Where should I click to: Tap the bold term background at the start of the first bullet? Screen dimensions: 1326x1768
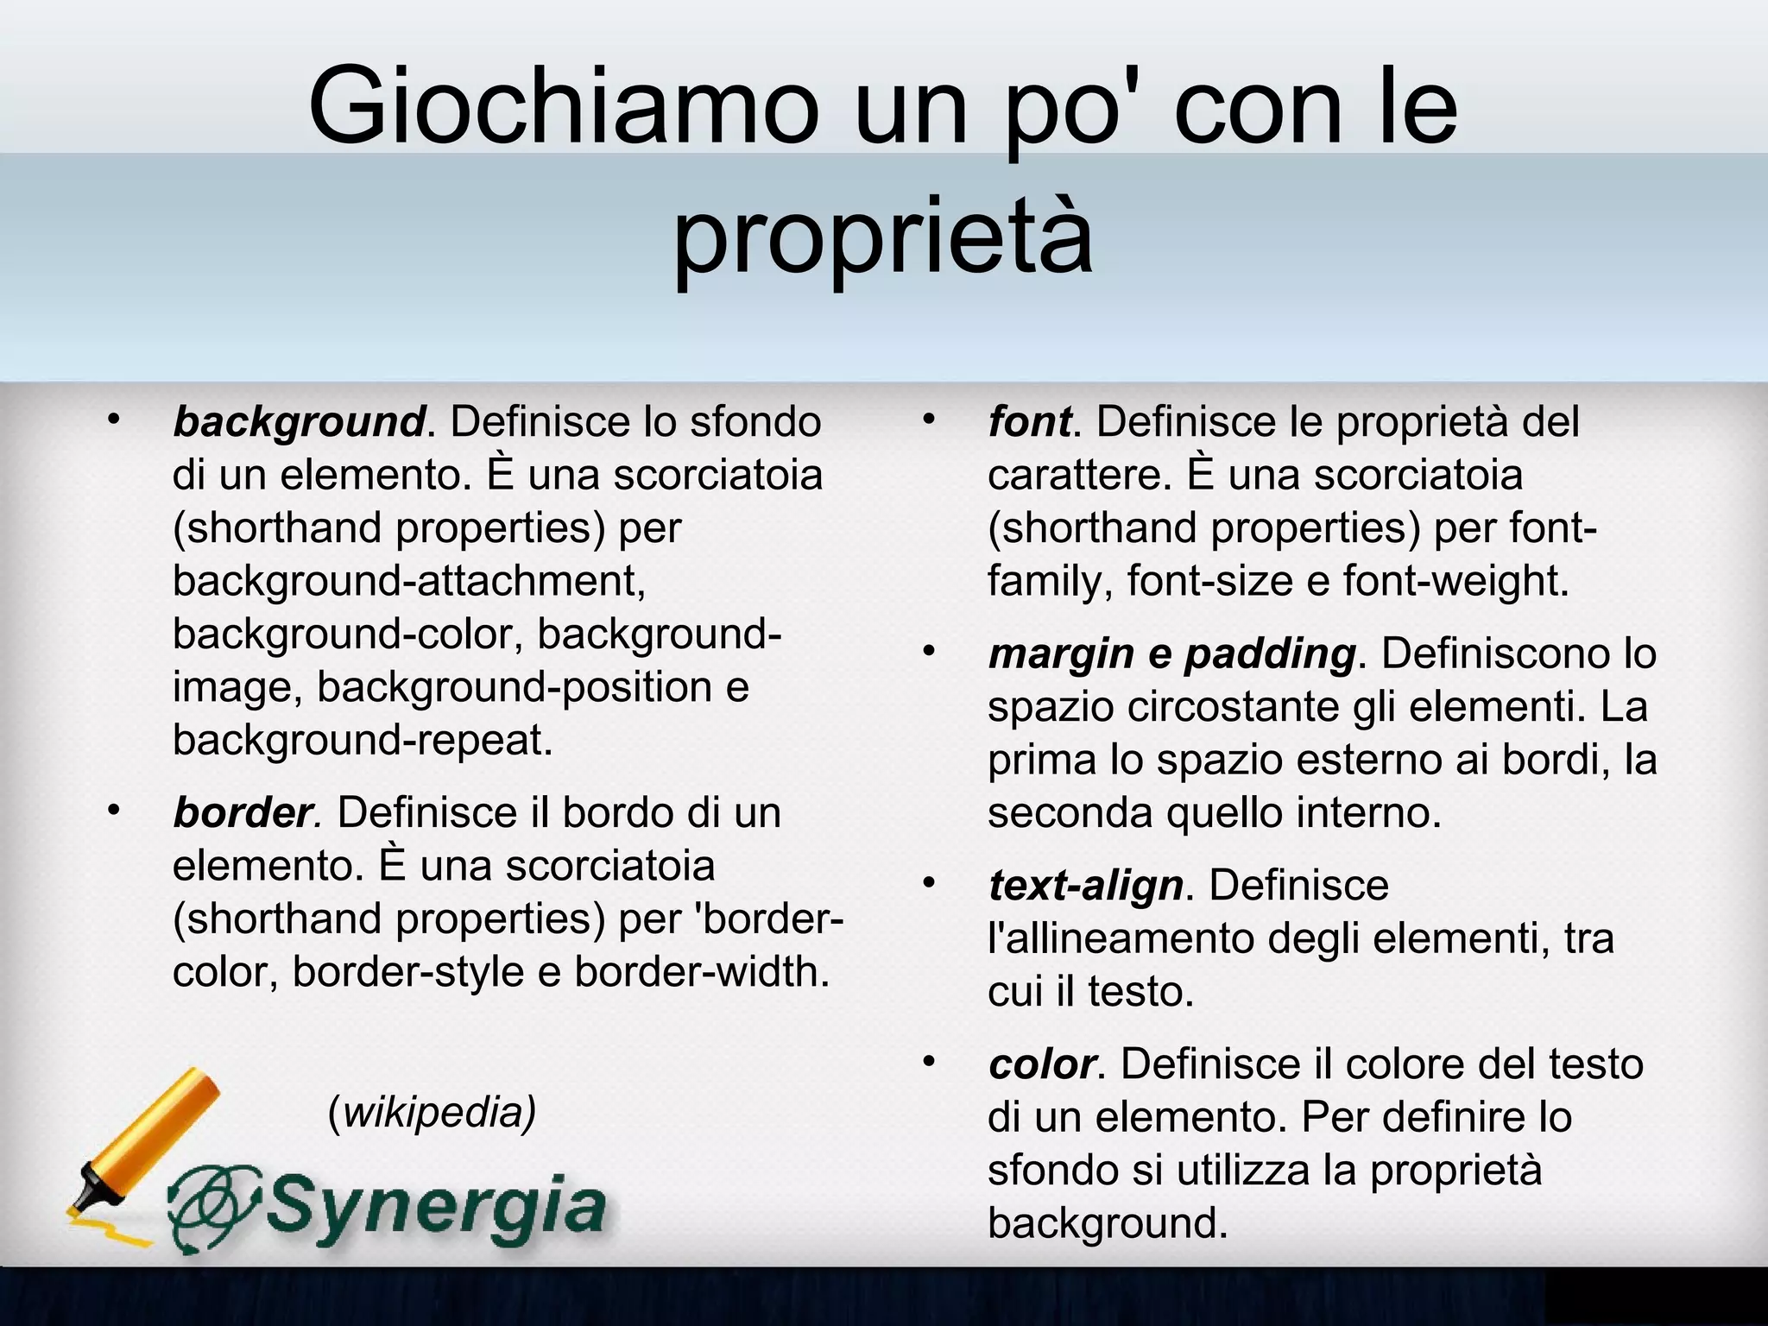coord(299,422)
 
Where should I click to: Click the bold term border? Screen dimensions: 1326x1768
coord(244,812)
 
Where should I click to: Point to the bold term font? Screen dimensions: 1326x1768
coord(1029,422)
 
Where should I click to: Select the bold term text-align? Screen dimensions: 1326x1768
coord(1085,885)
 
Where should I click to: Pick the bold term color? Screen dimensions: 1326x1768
coord(1042,1064)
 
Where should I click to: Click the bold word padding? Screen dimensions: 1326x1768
coord(1269,654)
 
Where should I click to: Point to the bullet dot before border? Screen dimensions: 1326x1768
coord(112,811)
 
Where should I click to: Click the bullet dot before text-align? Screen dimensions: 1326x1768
coord(928,883)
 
